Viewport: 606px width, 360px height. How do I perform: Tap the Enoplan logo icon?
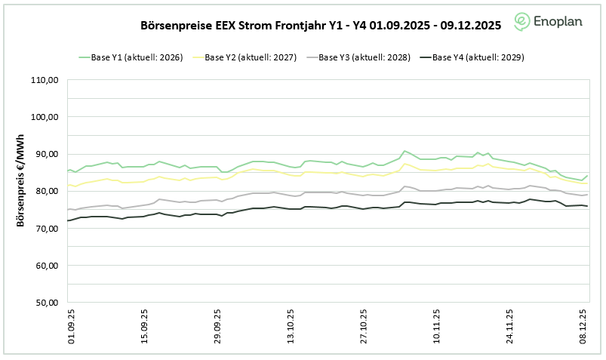(522, 21)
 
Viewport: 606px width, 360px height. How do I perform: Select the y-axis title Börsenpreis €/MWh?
(20, 191)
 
